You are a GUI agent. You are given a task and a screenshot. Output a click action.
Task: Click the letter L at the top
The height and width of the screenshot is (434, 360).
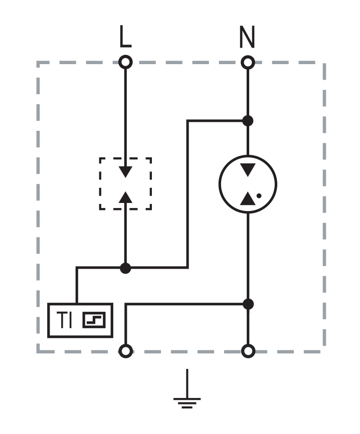point(125,36)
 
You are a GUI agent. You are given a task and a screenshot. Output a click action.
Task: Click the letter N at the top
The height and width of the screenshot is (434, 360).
point(247,37)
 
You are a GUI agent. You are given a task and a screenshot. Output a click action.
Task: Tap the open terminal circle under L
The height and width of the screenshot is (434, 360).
point(125,62)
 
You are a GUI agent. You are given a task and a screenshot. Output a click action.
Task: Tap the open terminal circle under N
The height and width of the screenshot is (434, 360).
point(248,62)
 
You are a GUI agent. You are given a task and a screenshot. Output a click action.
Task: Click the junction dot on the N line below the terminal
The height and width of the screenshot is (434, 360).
point(248,121)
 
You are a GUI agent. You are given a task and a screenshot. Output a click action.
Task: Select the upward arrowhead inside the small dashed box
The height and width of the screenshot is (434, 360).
point(125,197)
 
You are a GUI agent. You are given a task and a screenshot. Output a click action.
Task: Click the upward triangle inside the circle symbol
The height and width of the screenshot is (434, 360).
point(248,198)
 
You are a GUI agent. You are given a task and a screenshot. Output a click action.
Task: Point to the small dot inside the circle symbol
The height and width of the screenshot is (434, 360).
point(259,195)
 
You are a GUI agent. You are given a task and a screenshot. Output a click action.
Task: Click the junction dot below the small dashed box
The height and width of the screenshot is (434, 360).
point(125,268)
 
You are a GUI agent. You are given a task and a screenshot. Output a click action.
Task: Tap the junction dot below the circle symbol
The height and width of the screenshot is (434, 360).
point(248,304)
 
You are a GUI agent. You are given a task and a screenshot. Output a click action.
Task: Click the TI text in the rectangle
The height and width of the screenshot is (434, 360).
point(64,320)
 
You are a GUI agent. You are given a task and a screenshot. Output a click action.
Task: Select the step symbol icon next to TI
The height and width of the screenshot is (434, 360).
point(94,320)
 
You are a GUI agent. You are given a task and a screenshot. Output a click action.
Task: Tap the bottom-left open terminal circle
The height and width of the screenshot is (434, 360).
point(126,351)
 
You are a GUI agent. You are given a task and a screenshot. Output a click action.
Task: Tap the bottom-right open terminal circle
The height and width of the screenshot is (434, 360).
point(248,351)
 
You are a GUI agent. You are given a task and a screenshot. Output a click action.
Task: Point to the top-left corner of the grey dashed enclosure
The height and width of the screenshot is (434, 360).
point(38,63)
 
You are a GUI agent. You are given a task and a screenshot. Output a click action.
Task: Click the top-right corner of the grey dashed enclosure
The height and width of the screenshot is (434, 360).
point(324,63)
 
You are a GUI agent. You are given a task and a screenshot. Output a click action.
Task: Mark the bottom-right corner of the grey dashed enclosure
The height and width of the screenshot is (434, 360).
point(324,351)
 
